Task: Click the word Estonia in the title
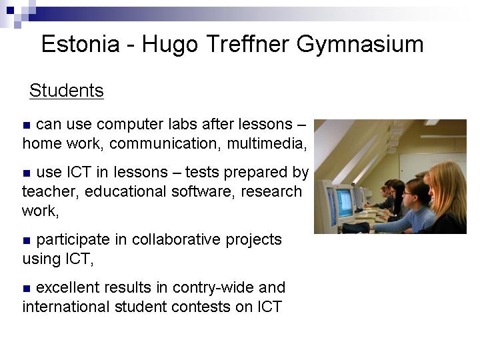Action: pyautogui.click(x=80, y=44)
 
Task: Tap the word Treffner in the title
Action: pyautogui.click(x=247, y=43)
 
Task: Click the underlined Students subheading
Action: pyautogui.click(x=67, y=90)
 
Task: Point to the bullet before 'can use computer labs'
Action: pyautogui.click(x=27, y=125)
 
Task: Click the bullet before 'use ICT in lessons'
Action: pyautogui.click(x=27, y=173)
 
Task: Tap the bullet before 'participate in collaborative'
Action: pyautogui.click(x=27, y=241)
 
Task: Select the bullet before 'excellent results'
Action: pyautogui.click(x=27, y=289)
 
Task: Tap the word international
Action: pyautogui.click(x=66, y=307)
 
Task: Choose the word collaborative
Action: pyautogui.click(x=176, y=239)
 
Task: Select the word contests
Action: pyautogui.click(x=201, y=307)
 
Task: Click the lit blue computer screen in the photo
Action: pyautogui.click(x=345, y=202)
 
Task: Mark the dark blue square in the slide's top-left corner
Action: pyautogui.click(x=11, y=11)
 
